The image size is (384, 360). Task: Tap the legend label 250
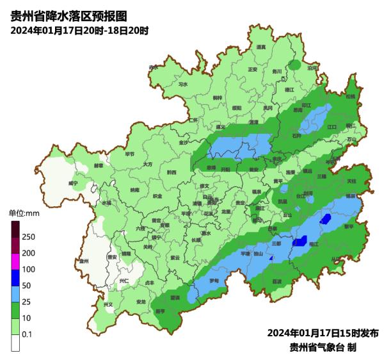click(x=28, y=237)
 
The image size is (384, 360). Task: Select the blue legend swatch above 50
click(x=16, y=277)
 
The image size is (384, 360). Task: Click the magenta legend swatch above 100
click(x=16, y=261)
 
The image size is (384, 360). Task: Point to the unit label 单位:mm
click(x=24, y=212)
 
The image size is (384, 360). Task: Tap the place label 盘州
click(x=83, y=261)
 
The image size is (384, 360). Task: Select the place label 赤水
click(x=153, y=67)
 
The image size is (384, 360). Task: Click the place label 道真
click(x=260, y=47)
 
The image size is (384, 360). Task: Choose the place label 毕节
click(x=130, y=154)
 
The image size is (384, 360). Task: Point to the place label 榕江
click(x=314, y=244)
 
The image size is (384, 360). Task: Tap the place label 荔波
click(x=276, y=281)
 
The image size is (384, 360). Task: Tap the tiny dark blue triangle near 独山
click(x=271, y=258)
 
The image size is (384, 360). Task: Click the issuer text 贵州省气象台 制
click(x=323, y=347)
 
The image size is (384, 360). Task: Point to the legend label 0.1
click(x=28, y=334)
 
